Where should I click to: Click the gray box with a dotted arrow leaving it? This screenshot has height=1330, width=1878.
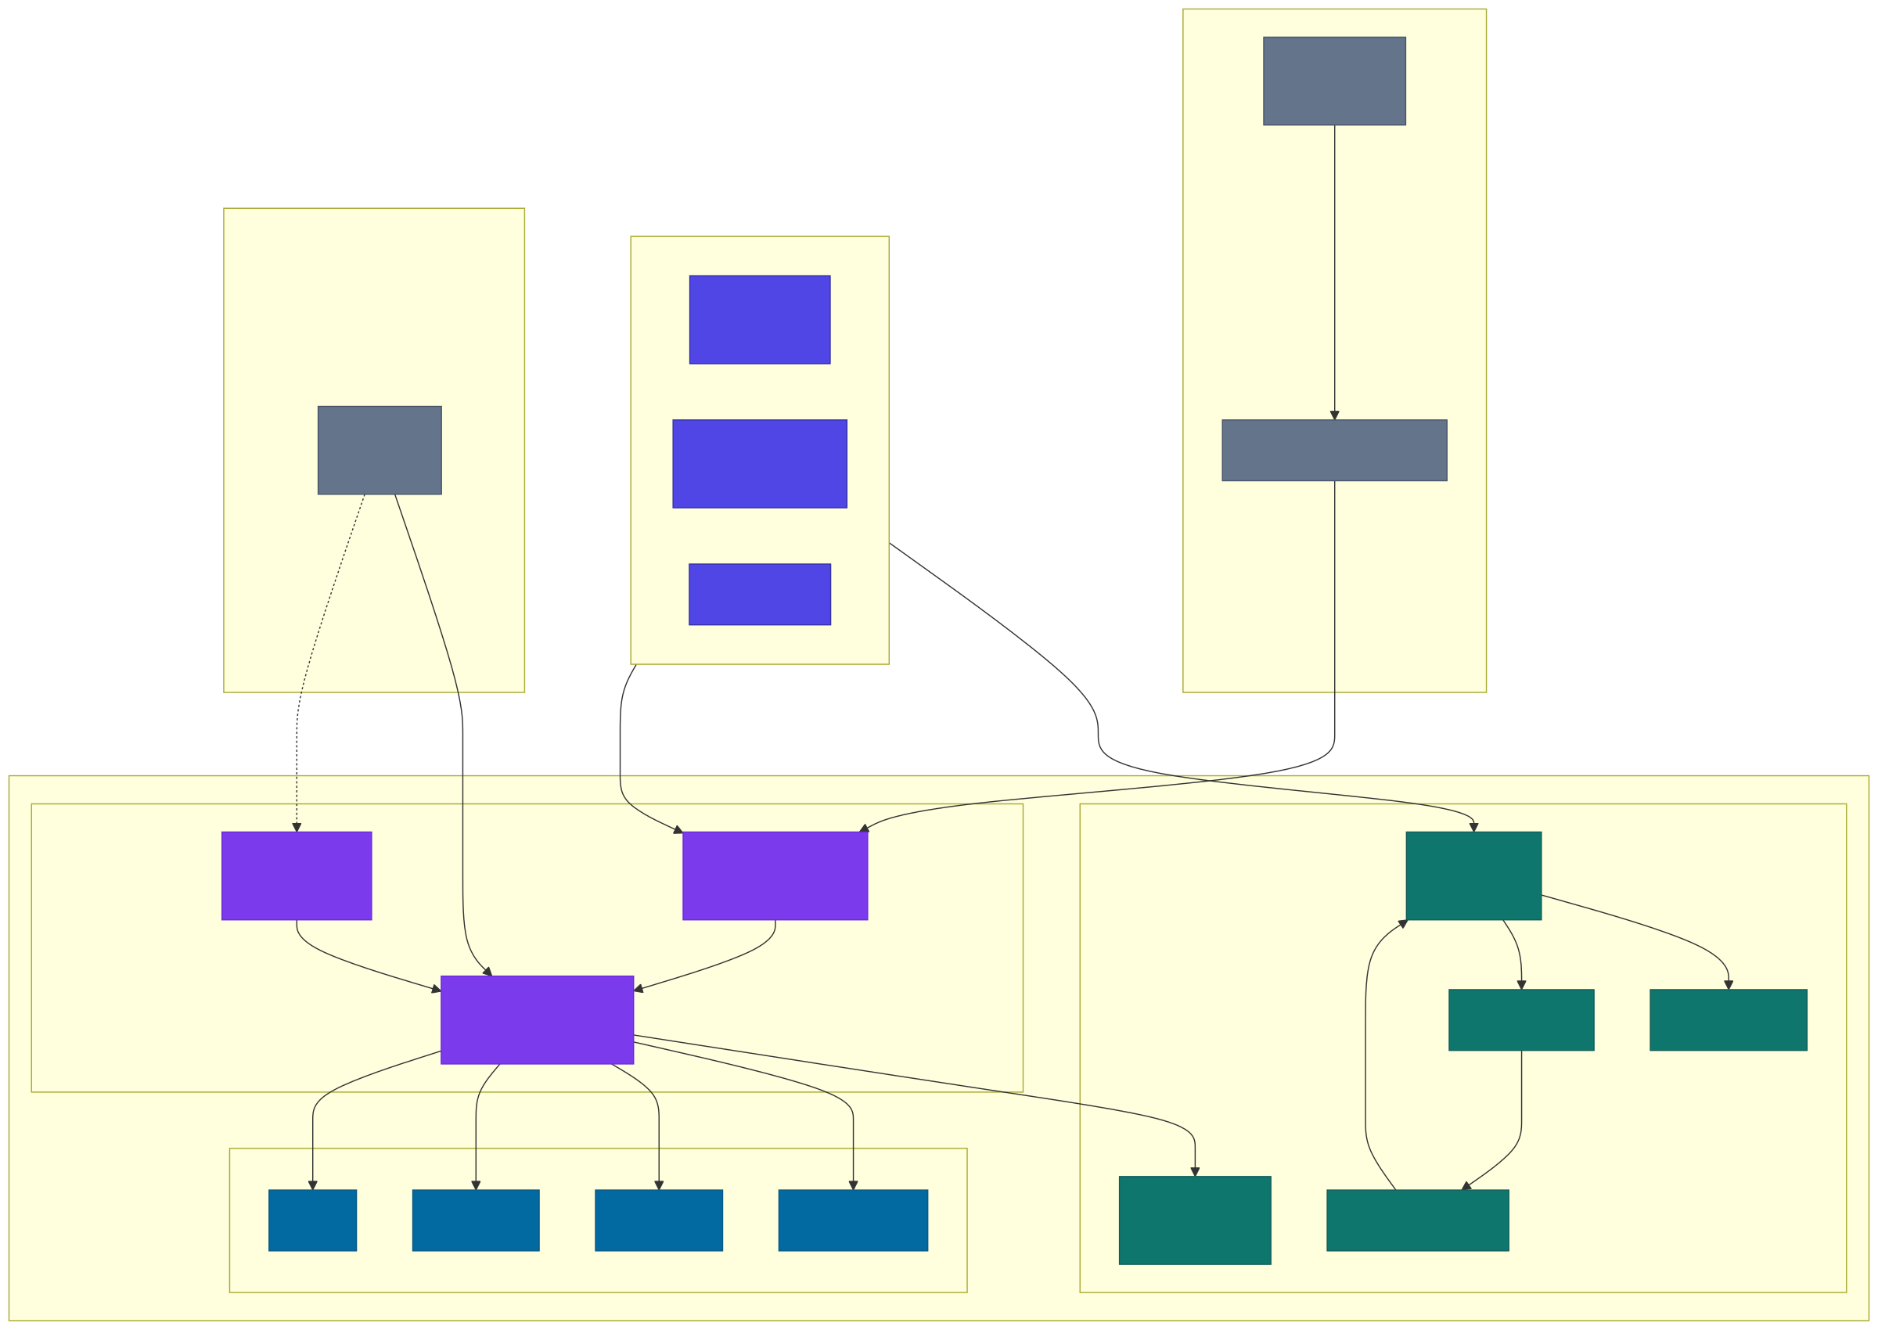pos(380,450)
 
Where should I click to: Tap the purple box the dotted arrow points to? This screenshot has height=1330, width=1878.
pos(297,875)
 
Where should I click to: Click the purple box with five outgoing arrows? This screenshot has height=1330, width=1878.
pos(537,1019)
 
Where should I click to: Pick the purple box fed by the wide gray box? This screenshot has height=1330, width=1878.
pos(775,875)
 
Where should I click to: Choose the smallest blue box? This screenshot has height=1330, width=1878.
pos(312,1220)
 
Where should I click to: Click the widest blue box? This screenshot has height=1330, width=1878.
pos(853,1220)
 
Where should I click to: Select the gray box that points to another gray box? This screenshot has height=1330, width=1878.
pos(1334,81)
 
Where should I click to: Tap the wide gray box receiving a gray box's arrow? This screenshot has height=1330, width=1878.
pos(1334,450)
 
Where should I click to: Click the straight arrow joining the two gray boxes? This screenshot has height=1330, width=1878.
pos(1334,270)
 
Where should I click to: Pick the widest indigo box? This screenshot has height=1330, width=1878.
pos(759,463)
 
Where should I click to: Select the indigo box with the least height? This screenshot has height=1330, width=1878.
pos(759,594)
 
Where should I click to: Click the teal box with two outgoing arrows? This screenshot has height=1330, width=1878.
pos(1473,875)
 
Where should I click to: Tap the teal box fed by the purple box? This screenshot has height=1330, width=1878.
pos(1194,1220)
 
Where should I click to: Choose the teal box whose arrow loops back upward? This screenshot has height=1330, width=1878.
pos(1417,1220)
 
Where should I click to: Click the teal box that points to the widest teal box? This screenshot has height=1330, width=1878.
pos(1521,1019)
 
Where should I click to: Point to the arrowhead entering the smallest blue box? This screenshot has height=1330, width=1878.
pos(312,1184)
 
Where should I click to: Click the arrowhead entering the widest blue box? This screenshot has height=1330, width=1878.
pos(853,1184)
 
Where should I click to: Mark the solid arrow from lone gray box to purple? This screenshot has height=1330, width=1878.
pos(462,778)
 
